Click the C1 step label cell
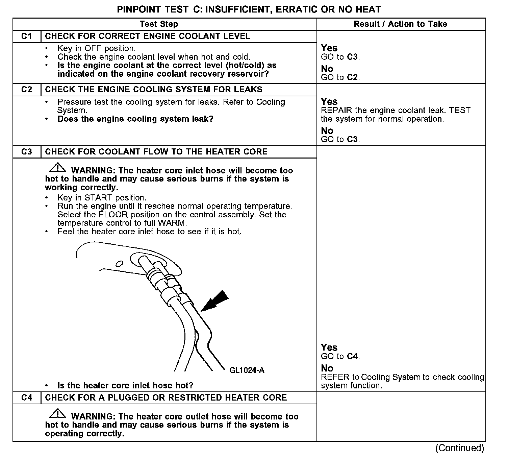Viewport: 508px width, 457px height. pos(27,36)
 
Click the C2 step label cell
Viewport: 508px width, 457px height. pos(27,90)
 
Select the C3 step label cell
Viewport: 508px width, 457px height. pos(27,151)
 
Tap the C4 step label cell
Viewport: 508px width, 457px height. pos(27,398)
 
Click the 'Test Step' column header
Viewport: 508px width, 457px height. pos(159,24)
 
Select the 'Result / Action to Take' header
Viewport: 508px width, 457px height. pos(400,24)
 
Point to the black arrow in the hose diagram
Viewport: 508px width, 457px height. pos(215,300)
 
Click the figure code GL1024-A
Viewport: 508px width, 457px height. pos(247,370)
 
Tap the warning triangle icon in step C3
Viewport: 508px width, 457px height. pos(57,168)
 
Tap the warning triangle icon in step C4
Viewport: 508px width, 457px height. pos(57,414)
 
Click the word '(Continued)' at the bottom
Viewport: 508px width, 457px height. pos(460,448)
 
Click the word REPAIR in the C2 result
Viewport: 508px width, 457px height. pos(336,111)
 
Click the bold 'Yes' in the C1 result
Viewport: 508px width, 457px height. pos(329,48)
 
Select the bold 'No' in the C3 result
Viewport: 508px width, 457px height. pos(327,368)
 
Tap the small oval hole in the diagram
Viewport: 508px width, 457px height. pos(119,264)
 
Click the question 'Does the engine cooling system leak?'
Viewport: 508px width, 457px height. pos(135,119)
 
